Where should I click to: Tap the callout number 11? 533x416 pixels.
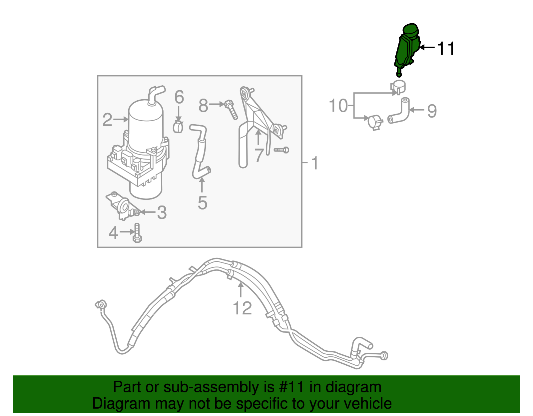445,49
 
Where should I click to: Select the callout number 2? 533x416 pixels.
107,120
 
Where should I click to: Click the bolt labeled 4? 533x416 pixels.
137,233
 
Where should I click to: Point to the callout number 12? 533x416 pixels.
242,308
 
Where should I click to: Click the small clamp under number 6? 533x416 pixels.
178,127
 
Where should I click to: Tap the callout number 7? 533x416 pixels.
259,155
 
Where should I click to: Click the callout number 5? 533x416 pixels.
202,203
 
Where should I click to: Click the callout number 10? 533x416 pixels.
338,106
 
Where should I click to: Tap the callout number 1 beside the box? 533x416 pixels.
315,163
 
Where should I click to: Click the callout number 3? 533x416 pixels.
162,212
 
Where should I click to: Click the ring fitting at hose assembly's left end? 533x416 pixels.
101,304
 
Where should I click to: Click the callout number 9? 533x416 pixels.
432,111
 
